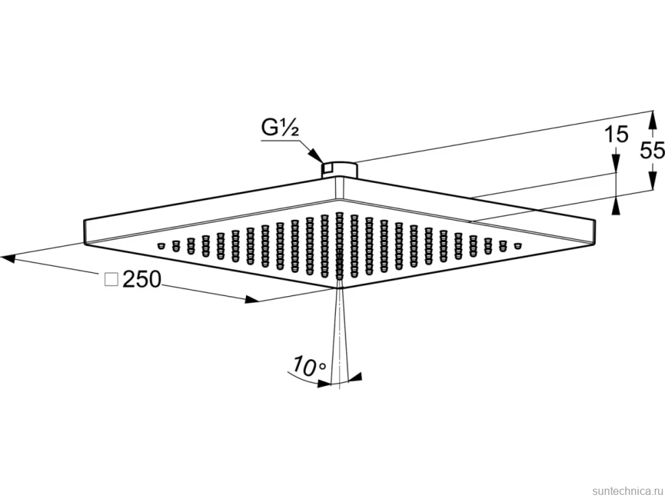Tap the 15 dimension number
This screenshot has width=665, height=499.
616,134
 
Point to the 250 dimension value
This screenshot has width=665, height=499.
142,280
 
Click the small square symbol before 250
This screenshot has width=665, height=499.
111,280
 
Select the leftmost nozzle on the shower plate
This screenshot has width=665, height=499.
160,245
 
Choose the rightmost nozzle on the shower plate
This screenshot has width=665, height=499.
517,245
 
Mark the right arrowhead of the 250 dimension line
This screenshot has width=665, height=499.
252,300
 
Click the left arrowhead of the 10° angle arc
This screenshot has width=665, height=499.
324,383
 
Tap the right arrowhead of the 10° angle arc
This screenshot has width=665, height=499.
354,376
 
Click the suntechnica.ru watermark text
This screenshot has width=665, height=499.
628,491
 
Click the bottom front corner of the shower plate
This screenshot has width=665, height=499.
338,288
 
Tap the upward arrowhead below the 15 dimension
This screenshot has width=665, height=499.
616,206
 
